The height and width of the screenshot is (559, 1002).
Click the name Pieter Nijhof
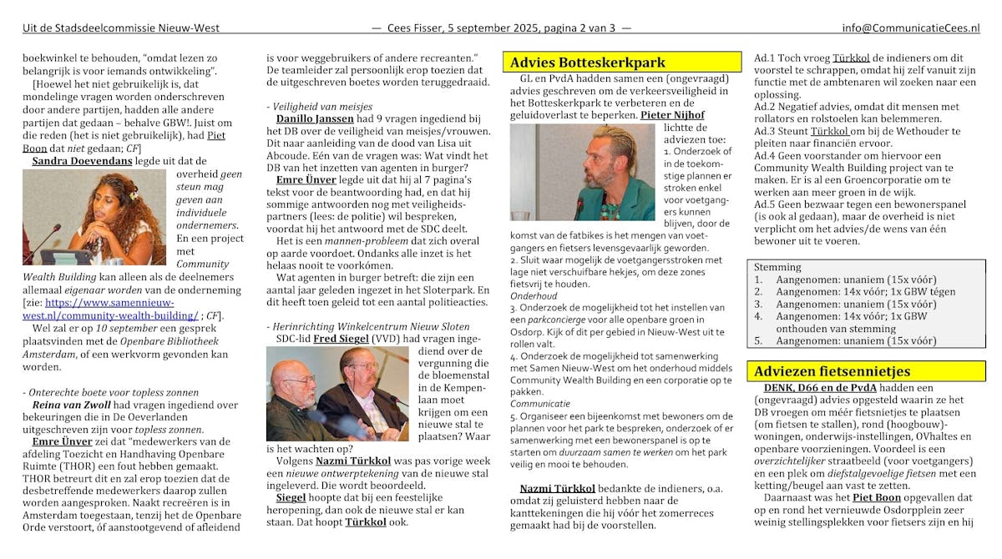[672, 115]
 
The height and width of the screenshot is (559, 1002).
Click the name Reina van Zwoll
[66, 405]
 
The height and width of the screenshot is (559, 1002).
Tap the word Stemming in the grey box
[777, 267]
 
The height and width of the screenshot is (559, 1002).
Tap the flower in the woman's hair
[132, 195]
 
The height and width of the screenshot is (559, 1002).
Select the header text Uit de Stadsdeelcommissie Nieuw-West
[121, 28]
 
